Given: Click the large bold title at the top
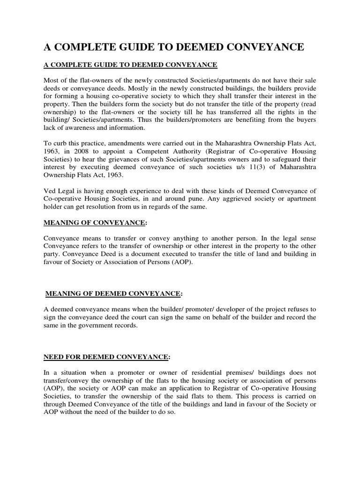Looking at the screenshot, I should pyautogui.click(x=174, y=46).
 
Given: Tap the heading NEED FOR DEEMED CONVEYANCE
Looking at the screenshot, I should pyautogui.click(x=105, y=357).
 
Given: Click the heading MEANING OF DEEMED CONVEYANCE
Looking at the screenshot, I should pyautogui.click(x=113, y=293).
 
